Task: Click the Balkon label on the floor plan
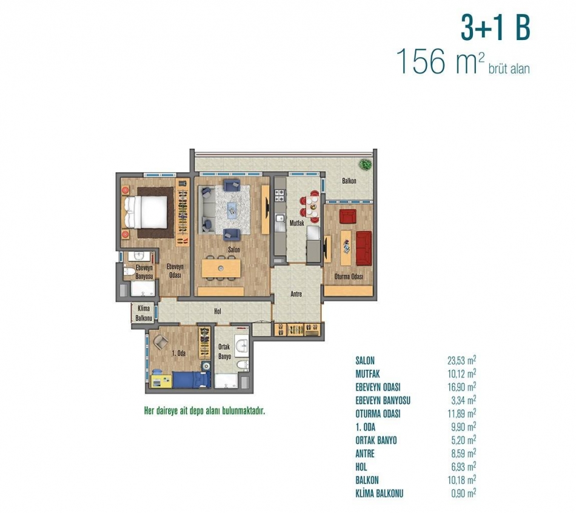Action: click(x=349, y=181)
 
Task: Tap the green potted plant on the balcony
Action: click(x=365, y=164)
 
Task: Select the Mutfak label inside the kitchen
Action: click(x=297, y=223)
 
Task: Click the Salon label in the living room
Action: click(x=234, y=249)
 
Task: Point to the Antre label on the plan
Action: click(x=296, y=294)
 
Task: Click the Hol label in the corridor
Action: click(x=218, y=312)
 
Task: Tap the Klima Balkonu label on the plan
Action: click(x=144, y=313)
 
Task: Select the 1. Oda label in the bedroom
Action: click(x=179, y=354)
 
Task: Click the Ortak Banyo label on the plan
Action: click(x=224, y=352)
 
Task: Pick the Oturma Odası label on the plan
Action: click(x=349, y=277)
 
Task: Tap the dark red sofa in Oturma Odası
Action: click(x=364, y=248)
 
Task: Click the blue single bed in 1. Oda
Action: click(x=191, y=380)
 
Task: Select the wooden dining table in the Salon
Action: click(x=221, y=268)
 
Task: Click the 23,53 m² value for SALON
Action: click(x=462, y=360)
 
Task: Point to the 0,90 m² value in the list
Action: click(x=464, y=493)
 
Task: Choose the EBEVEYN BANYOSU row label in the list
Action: click(x=383, y=401)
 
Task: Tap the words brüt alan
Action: click(x=509, y=69)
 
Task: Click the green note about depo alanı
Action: click(x=204, y=411)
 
